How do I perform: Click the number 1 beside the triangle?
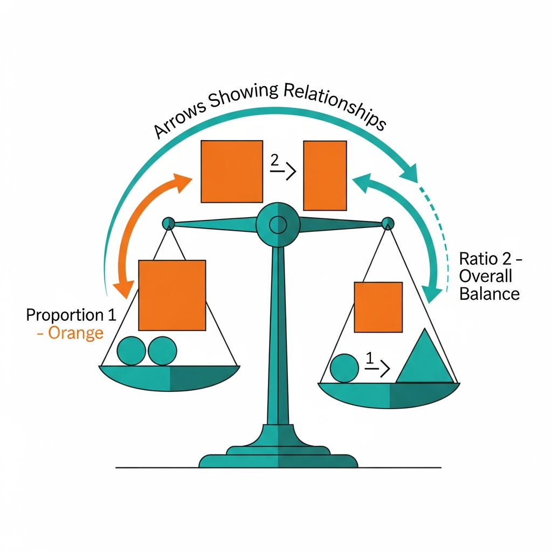369,358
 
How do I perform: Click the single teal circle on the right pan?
344,368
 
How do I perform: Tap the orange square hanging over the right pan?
378,307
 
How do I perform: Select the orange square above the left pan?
172,295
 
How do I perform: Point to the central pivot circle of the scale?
278,223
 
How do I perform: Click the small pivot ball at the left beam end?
169,222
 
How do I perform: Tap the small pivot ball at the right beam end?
388,223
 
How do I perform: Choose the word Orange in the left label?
75,333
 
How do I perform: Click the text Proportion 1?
64,315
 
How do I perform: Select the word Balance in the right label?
489,294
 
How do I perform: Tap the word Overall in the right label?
485,276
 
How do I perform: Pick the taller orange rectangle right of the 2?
325,175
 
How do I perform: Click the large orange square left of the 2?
231,171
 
